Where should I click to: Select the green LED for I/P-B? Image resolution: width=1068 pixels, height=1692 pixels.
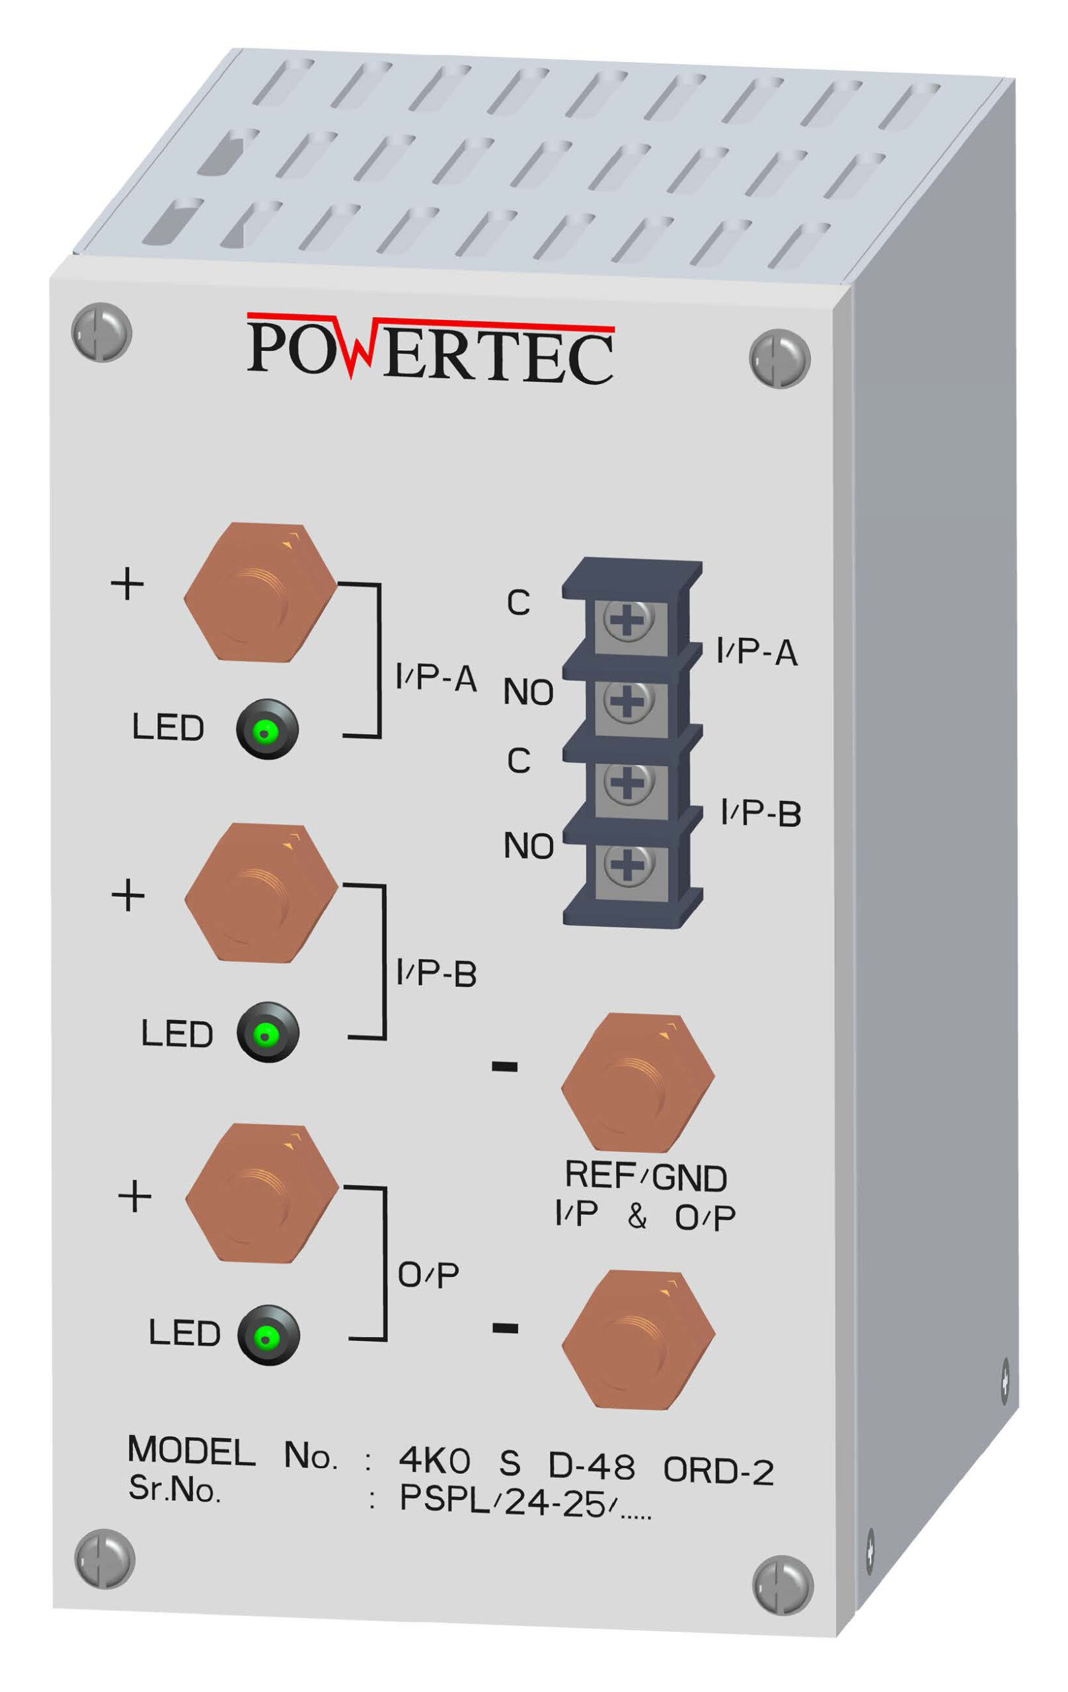[x=268, y=1032]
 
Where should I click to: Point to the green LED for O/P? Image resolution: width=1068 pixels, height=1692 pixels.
[x=268, y=1334]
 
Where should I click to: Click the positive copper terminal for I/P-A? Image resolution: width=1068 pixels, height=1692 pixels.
[x=260, y=592]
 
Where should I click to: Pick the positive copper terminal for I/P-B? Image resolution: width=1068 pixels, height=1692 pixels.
[x=261, y=893]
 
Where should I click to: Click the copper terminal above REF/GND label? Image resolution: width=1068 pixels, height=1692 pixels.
[x=637, y=1083]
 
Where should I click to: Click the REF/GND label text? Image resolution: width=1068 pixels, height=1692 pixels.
[x=646, y=1178]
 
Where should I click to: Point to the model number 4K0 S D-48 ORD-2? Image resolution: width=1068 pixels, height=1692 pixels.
[x=586, y=1463]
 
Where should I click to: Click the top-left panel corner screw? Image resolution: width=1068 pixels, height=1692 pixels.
[x=102, y=332]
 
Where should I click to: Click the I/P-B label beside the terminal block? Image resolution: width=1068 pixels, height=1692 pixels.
[x=761, y=814]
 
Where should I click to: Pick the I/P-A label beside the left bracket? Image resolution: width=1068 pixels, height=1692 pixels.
[x=436, y=678]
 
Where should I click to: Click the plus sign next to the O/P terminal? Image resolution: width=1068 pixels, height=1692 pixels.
[x=135, y=1196]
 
